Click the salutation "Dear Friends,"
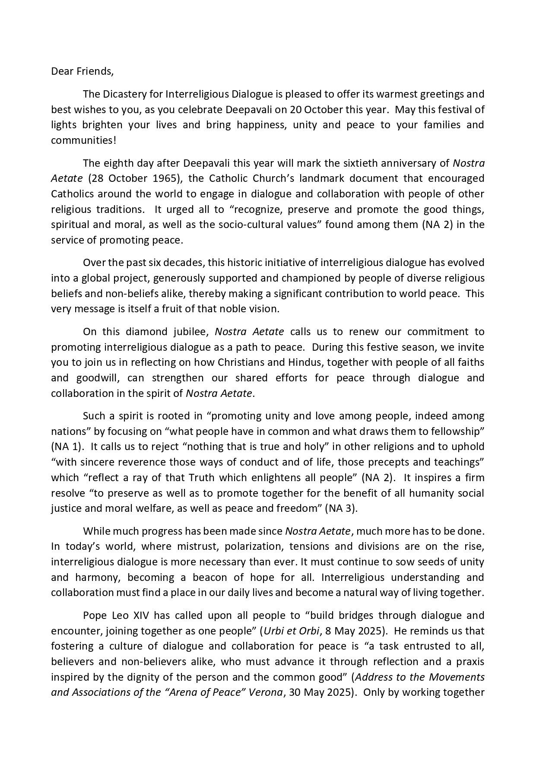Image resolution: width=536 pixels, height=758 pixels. click(x=82, y=71)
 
